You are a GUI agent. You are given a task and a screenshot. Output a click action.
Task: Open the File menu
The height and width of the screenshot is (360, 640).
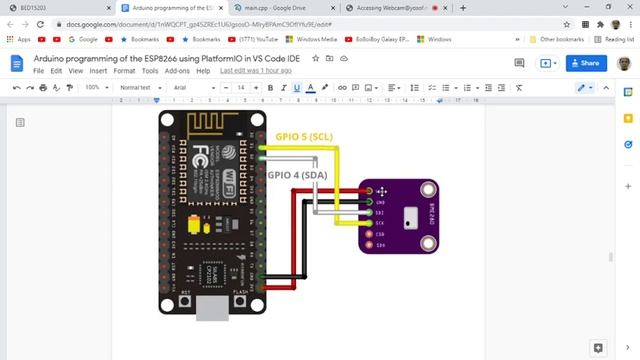point(39,72)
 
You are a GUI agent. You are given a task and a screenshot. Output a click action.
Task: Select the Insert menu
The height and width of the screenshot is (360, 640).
point(97,72)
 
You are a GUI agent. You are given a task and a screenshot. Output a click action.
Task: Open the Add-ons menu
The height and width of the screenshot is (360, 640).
point(177,72)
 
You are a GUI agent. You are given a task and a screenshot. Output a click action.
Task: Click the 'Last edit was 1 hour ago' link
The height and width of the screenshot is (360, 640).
point(256,72)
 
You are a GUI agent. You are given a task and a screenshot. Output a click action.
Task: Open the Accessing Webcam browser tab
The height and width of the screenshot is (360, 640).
point(382,7)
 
